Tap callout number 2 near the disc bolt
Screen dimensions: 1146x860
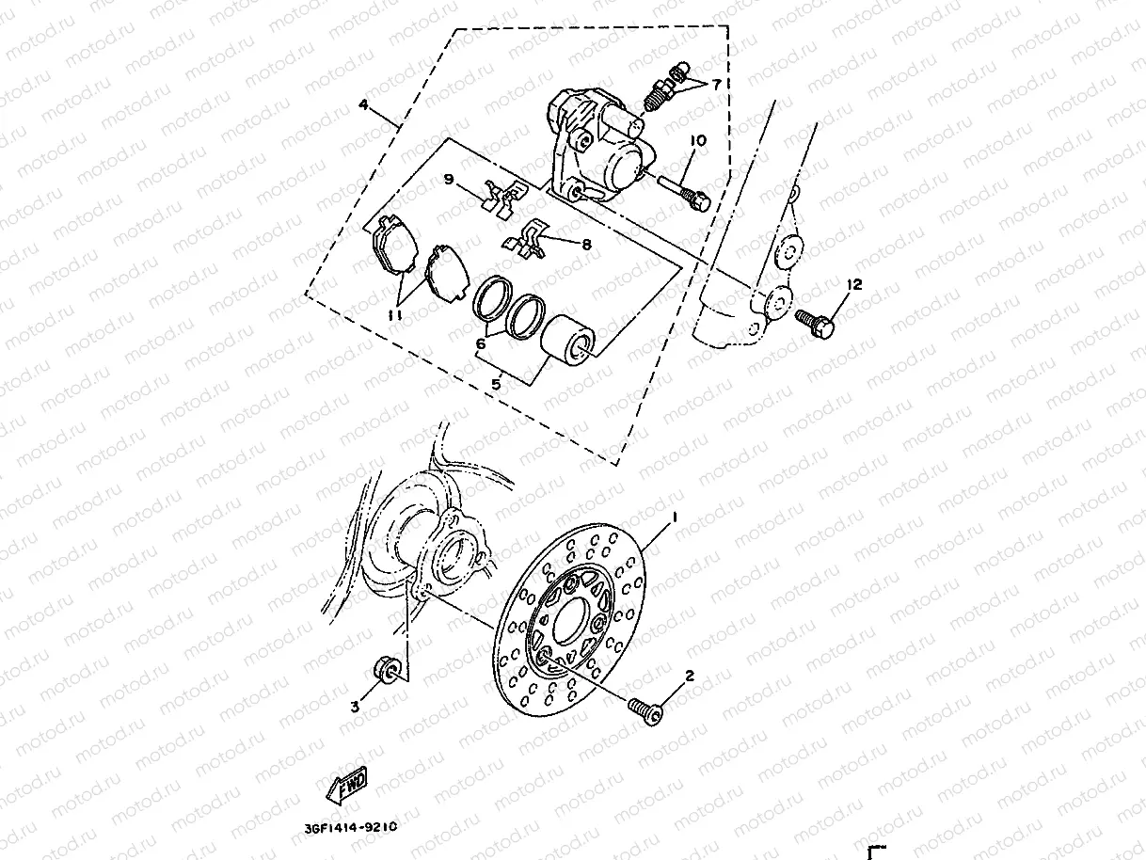pos(690,675)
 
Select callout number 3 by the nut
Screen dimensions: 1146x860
pos(356,707)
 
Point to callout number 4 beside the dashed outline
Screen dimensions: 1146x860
pos(363,105)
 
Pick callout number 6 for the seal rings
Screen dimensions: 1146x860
pos(480,344)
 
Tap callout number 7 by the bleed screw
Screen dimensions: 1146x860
pos(716,85)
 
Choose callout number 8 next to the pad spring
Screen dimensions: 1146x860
pos(586,244)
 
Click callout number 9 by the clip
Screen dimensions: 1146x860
pos(449,179)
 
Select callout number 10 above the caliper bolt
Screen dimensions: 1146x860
pos(697,141)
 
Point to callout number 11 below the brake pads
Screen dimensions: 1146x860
pos(395,316)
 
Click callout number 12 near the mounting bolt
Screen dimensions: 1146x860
pos(854,283)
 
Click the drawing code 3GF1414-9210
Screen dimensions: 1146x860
pos(351,829)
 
